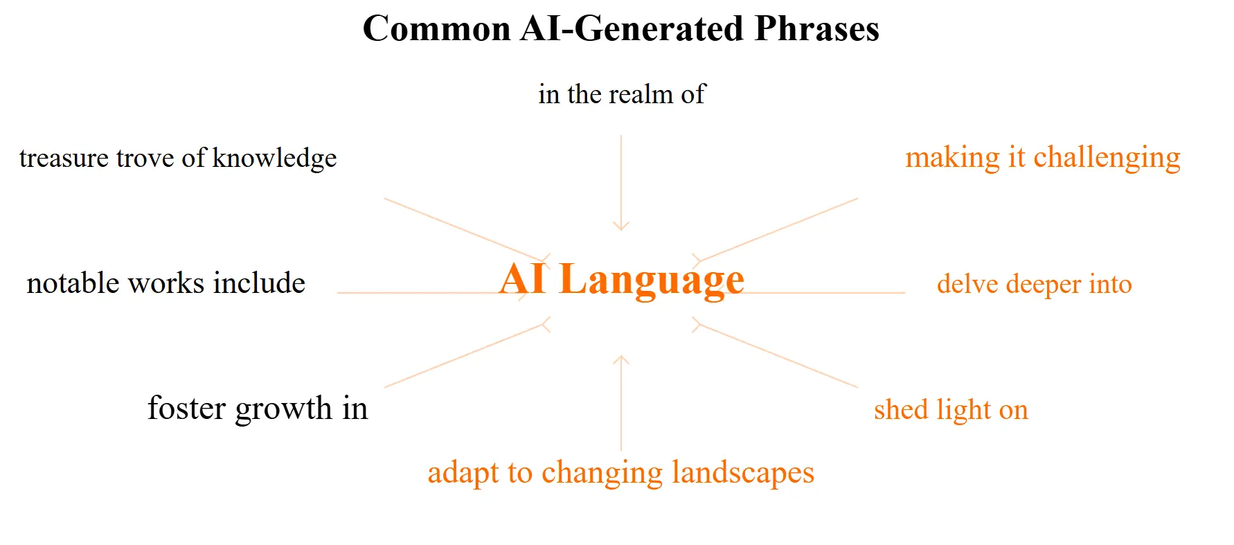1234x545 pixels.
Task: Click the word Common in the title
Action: [437, 29]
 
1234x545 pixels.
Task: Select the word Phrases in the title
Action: [816, 29]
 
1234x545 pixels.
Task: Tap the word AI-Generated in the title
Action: [632, 29]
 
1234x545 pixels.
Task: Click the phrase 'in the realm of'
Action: [622, 94]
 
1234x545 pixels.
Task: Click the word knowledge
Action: [274, 159]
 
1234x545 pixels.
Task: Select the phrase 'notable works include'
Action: [166, 283]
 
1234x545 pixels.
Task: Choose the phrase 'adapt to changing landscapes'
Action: [621, 474]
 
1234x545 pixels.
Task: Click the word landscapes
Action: [743, 474]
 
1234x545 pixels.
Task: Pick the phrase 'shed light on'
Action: [951, 410]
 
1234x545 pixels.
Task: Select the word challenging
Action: [1107, 159]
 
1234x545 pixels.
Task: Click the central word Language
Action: [652, 280]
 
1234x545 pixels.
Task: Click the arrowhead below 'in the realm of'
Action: [621, 226]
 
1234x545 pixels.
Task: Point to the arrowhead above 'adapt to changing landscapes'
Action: [621, 360]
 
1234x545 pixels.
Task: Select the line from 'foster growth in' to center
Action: [467, 355]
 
